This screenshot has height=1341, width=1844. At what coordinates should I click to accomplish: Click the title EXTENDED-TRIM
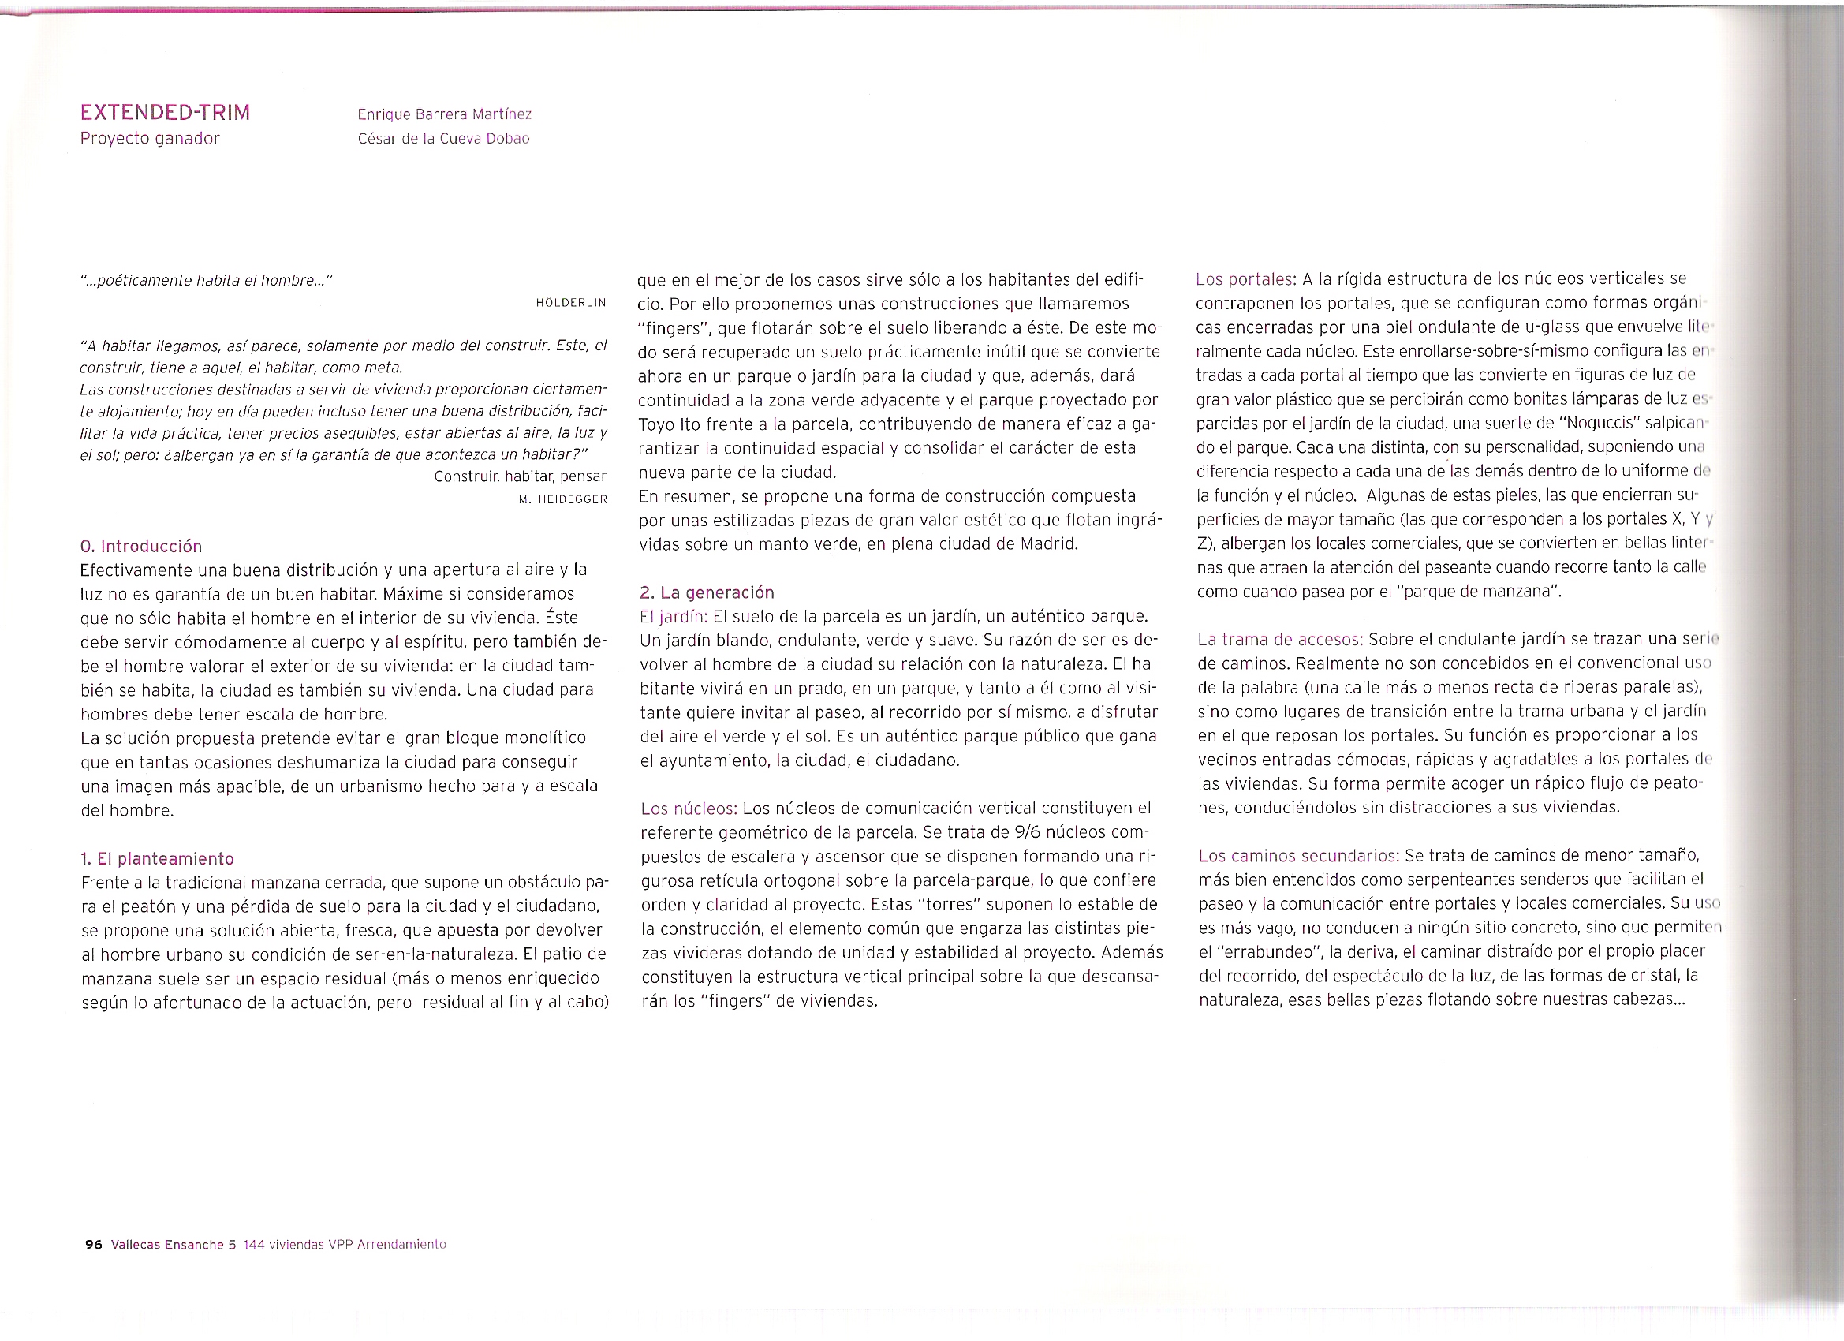(x=165, y=112)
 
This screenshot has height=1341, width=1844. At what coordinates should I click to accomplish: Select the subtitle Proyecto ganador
(x=150, y=138)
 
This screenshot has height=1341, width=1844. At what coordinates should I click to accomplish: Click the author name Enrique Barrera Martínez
(x=444, y=114)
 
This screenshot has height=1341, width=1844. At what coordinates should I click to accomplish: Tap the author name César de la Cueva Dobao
(x=443, y=139)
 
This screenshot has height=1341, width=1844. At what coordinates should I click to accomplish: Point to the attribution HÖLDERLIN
(x=571, y=304)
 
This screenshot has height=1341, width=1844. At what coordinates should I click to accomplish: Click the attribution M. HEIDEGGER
(x=562, y=499)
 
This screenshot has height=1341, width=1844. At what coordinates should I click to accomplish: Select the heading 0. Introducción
(x=141, y=546)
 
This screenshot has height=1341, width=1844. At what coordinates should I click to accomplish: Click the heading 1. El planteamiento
(x=157, y=859)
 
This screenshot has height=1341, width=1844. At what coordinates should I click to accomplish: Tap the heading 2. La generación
(x=707, y=592)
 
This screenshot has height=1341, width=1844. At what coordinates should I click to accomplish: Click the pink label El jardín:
(x=674, y=616)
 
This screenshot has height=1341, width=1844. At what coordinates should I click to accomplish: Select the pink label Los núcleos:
(x=689, y=809)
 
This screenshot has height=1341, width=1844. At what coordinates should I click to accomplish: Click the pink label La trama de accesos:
(x=1280, y=639)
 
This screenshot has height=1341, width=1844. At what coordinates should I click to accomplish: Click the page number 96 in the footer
(x=94, y=1244)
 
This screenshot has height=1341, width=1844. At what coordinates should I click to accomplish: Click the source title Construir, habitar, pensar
(x=520, y=476)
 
